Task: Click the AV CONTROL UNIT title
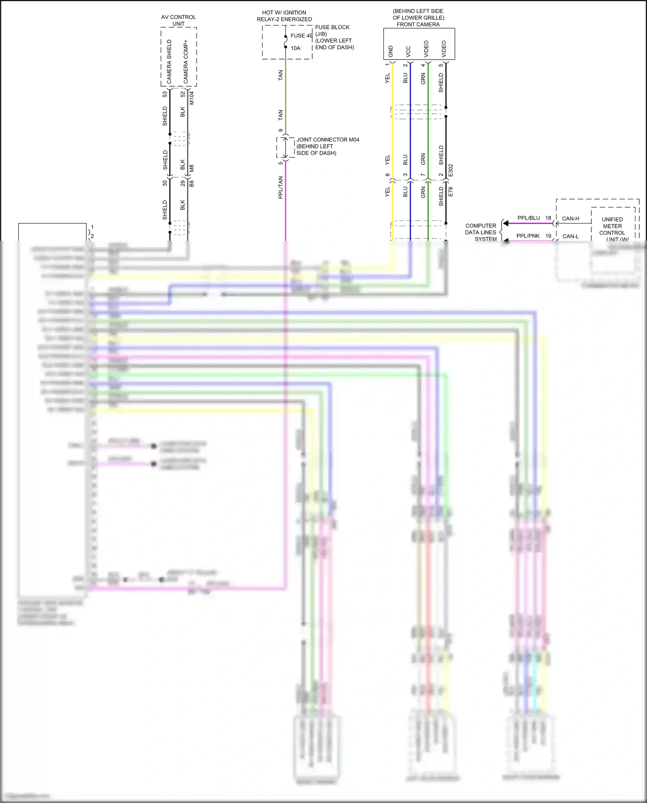point(178,20)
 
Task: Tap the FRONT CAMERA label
point(418,25)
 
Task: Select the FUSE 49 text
point(301,36)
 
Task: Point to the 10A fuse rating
point(295,48)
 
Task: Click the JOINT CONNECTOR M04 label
point(327,140)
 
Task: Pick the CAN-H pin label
point(570,219)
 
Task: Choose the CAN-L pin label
point(570,236)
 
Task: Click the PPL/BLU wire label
point(528,218)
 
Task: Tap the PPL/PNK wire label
point(528,236)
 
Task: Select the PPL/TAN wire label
point(280,187)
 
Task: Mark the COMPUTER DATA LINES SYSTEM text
point(481,232)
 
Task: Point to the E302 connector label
point(451,170)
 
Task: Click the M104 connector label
point(192,98)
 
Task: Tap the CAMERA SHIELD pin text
point(169,61)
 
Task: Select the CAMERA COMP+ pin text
point(186,61)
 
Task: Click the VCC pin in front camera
point(408,52)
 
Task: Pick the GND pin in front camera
point(391,51)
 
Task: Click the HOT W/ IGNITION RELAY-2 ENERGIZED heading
point(284,16)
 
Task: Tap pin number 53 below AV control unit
point(165,94)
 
